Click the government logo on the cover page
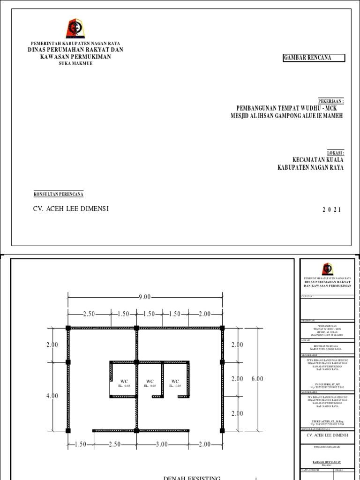point(75,29)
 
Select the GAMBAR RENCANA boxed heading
point(314,58)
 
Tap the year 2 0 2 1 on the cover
point(332,210)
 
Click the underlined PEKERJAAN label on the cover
point(331,101)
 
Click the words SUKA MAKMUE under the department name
point(75,63)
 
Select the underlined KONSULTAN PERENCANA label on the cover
point(59,194)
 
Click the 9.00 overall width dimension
point(145,297)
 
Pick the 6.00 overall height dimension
point(257,379)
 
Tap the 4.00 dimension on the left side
point(52,396)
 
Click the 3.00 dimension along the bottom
point(162,444)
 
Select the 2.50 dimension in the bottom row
point(115,444)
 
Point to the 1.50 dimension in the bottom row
point(80,444)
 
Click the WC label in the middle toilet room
point(150,382)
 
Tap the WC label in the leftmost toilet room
point(124,382)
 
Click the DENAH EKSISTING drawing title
point(192,477)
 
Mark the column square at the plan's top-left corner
point(68,328)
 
